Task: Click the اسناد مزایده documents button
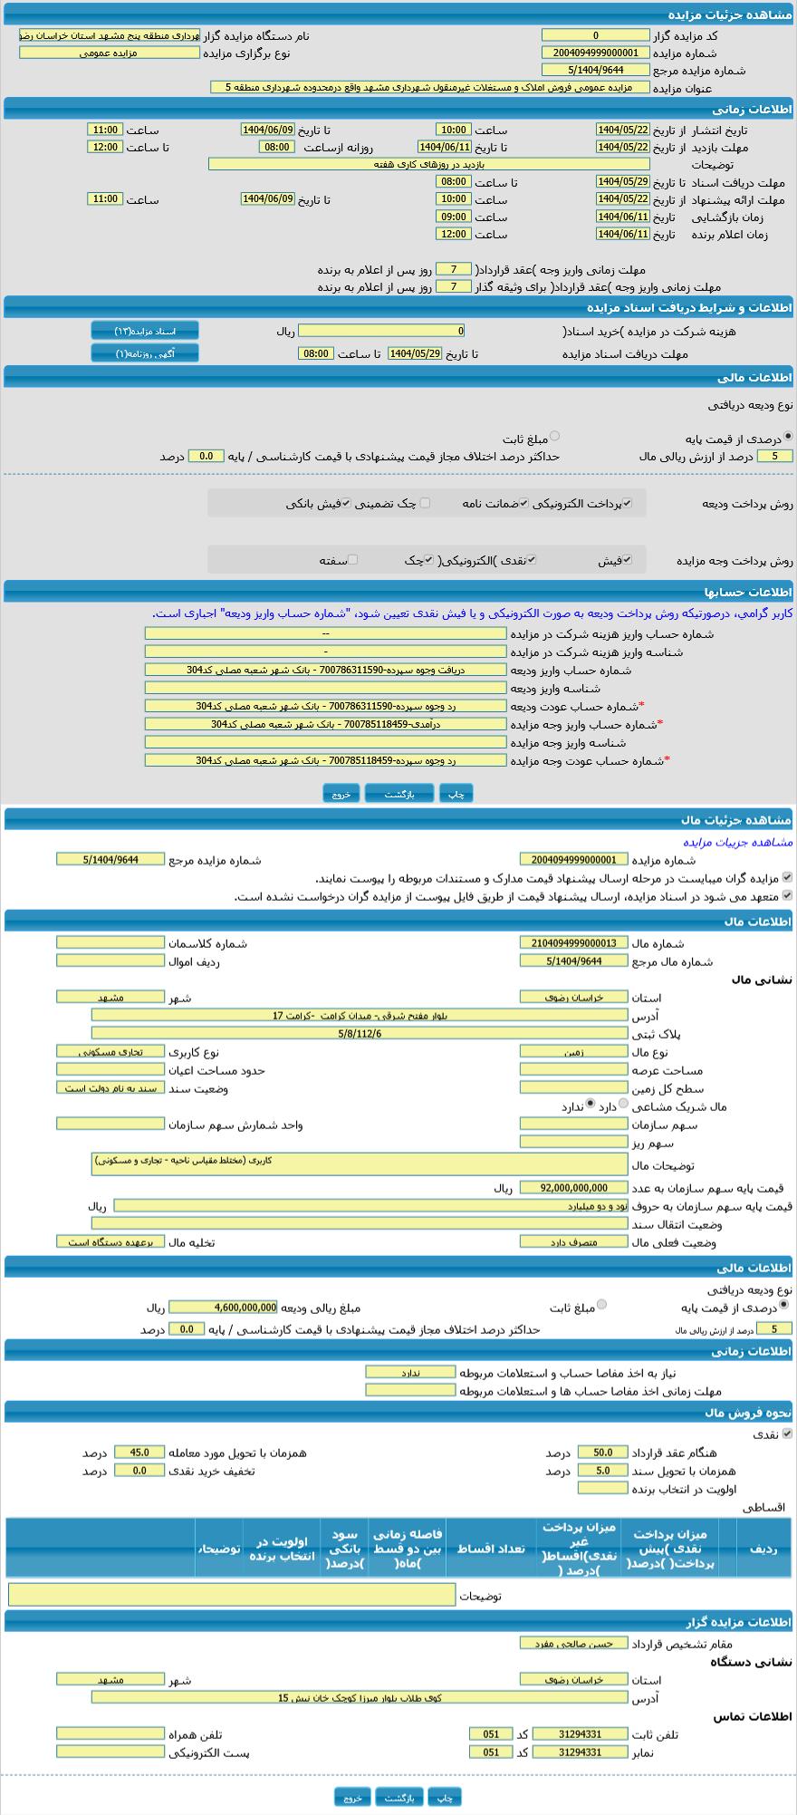(x=145, y=331)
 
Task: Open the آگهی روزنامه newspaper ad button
(x=145, y=353)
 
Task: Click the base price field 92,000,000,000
(x=574, y=1188)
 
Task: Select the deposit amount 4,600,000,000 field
(x=224, y=1308)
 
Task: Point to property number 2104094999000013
(x=573, y=942)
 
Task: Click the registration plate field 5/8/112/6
(x=359, y=1033)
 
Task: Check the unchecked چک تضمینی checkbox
(x=425, y=503)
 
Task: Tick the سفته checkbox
(x=352, y=560)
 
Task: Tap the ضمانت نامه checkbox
(x=523, y=503)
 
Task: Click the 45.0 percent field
(x=139, y=1453)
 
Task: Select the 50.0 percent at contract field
(x=602, y=1453)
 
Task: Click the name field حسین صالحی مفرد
(x=573, y=1643)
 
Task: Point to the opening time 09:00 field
(x=453, y=217)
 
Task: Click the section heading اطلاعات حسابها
(x=755, y=592)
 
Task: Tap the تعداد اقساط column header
(x=490, y=1549)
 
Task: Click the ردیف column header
(x=763, y=1549)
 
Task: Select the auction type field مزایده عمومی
(x=109, y=53)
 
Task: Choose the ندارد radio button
(x=591, y=1105)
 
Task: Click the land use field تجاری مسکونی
(x=110, y=1051)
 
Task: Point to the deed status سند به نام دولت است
(x=110, y=1087)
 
